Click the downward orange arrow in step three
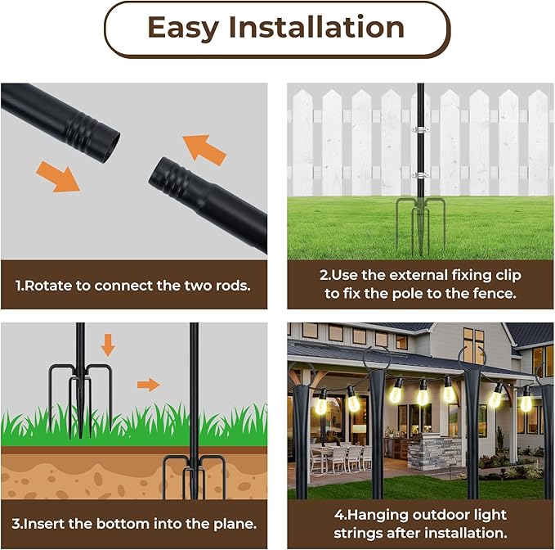(108, 344)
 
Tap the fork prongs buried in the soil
(193, 474)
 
